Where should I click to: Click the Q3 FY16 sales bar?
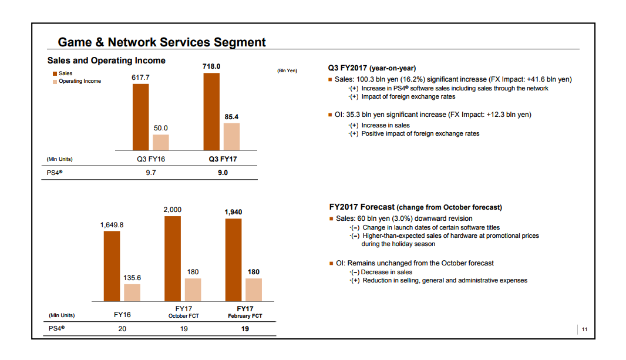(140, 117)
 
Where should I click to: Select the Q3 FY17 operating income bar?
(232, 137)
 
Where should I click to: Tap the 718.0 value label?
(211, 66)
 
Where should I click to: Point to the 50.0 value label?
(161, 128)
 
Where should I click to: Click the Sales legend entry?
(65, 73)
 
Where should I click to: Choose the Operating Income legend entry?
(79, 81)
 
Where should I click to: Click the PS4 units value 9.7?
(150, 173)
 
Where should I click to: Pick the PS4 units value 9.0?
(222, 173)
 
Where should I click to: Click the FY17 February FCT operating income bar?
(254, 290)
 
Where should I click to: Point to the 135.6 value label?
(132, 278)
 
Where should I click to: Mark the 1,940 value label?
(233, 212)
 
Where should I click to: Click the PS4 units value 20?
(122, 329)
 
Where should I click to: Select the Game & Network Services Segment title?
(161, 42)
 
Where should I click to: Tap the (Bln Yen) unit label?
(287, 71)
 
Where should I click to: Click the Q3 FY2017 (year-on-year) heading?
(372, 68)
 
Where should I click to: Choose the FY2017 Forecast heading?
(415, 207)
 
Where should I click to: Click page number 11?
(584, 329)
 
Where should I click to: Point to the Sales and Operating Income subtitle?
(106, 60)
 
